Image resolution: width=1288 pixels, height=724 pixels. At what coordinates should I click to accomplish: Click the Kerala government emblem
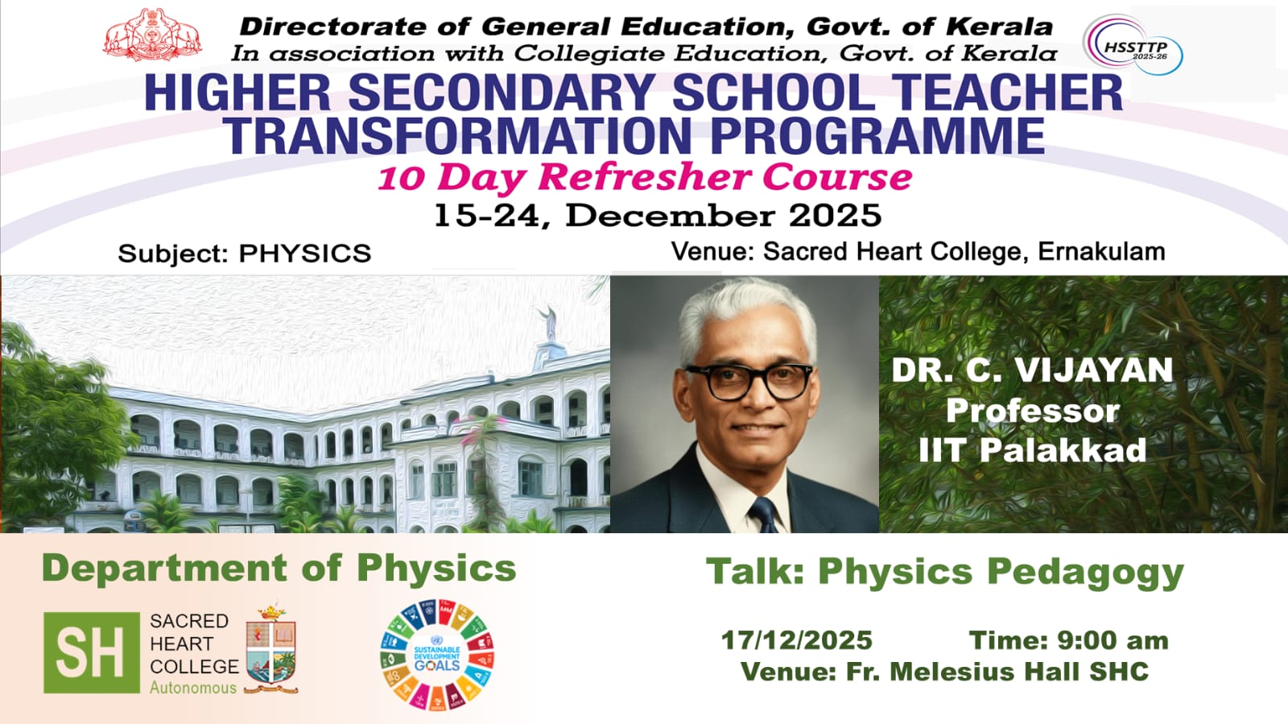[152, 35]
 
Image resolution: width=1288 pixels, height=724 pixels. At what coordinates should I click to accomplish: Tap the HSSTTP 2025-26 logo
[1133, 45]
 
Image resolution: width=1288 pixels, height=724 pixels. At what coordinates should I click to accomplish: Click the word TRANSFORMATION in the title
[458, 136]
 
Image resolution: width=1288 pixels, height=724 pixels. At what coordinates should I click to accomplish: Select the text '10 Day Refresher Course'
[645, 178]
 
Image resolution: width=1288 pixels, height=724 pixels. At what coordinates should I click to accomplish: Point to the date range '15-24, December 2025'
[657, 216]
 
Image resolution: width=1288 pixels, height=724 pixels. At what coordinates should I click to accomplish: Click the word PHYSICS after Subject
[305, 254]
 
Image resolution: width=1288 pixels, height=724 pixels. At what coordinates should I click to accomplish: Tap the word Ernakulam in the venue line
[1101, 251]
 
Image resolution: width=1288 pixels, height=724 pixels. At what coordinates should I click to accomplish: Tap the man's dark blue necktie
[764, 515]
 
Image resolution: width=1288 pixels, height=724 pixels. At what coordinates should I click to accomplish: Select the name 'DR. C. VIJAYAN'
[1032, 370]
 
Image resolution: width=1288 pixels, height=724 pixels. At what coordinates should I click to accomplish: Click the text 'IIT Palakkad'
[1033, 449]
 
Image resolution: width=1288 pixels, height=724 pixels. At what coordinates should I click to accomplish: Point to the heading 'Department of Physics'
[279, 568]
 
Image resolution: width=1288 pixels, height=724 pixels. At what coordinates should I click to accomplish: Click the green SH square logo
[92, 652]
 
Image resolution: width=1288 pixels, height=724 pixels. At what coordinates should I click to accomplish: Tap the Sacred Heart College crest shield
[270, 650]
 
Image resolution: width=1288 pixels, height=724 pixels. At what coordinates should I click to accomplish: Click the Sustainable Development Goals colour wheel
[437, 655]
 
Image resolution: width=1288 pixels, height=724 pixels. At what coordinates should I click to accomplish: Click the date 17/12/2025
[797, 640]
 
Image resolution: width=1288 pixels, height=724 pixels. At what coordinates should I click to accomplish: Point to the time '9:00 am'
[1113, 640]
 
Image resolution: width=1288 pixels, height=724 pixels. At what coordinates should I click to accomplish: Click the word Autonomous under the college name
[193, 688]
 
